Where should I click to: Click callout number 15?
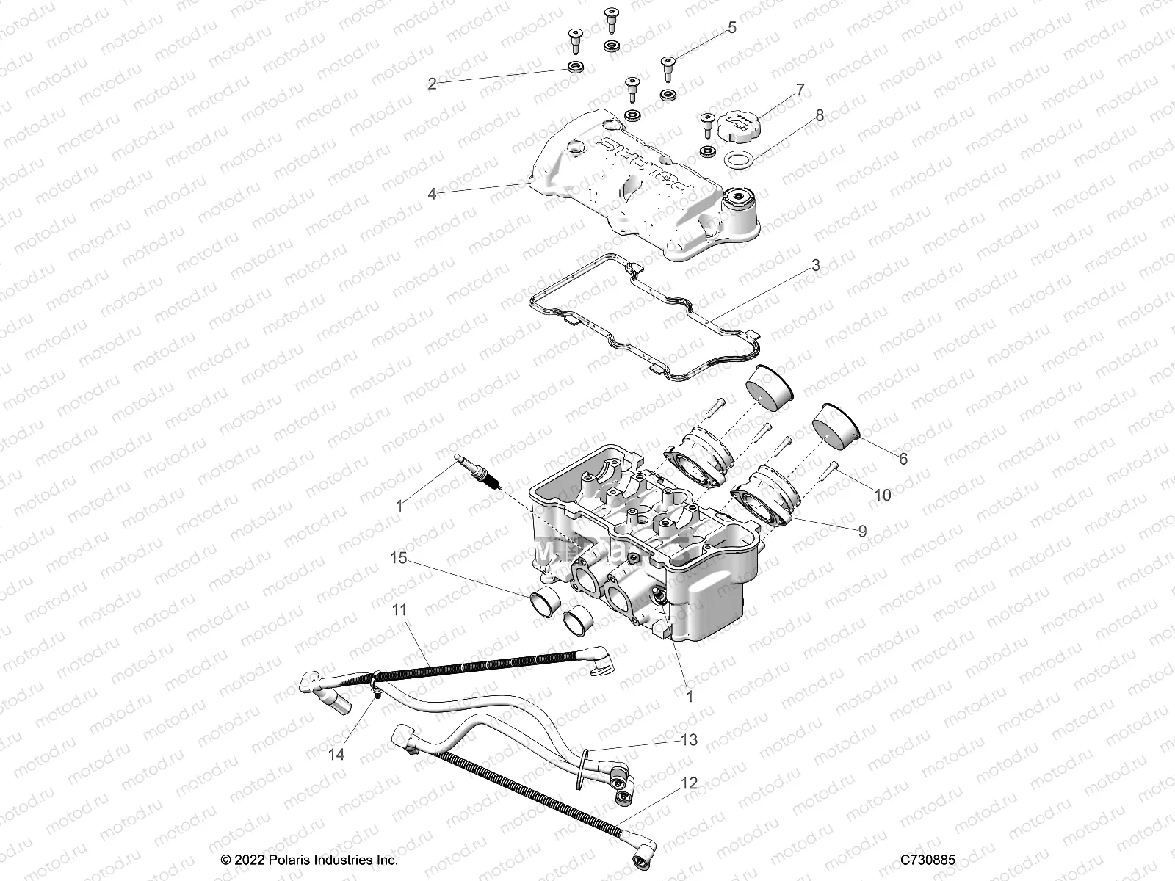(x=397, y=559)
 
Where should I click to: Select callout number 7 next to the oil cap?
(x=800, y=90)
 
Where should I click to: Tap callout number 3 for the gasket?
(x=815, y=265)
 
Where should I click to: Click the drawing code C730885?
(x=928, y=859)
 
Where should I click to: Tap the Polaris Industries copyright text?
(x=309, y=859)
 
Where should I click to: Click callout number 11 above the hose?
(x=399, y=610)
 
